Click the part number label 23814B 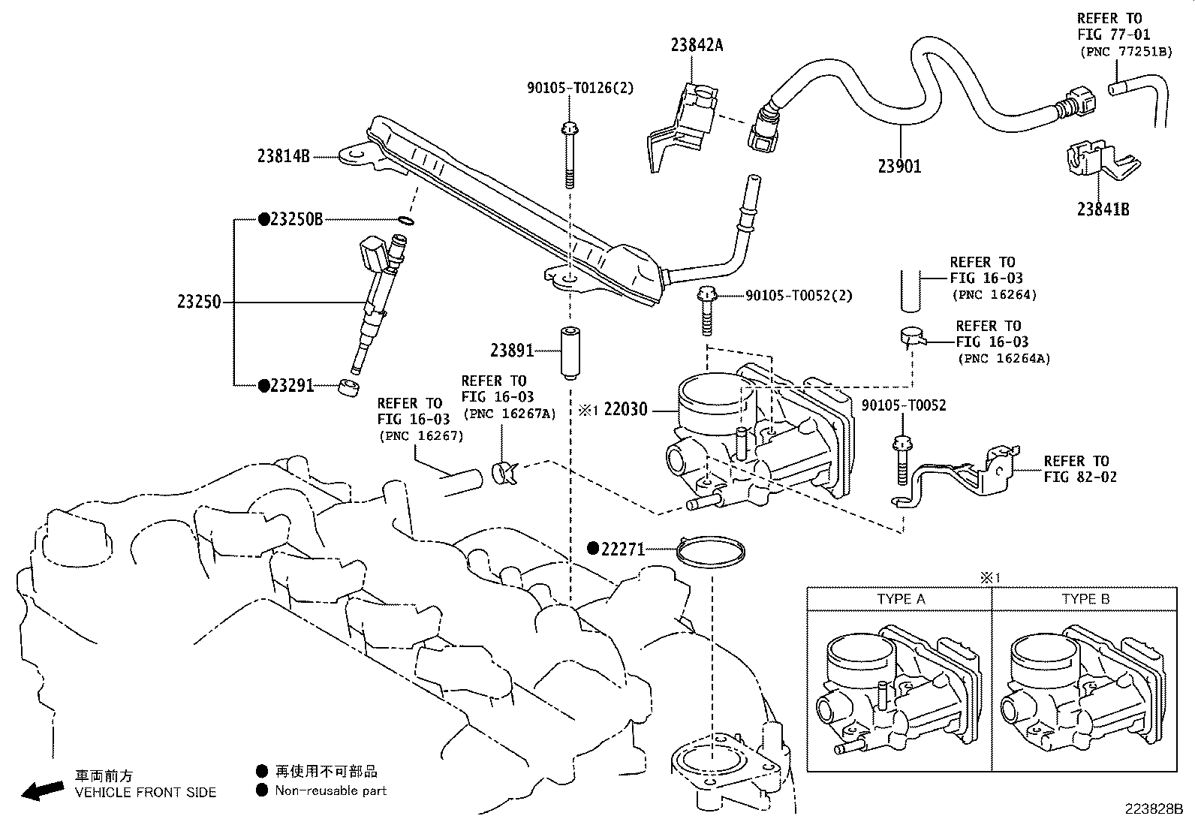(283, 156)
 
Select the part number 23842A (697, 45)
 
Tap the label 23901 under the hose (899, 167)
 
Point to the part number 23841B (1103, 209)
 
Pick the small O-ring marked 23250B (406, 221)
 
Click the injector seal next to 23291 (349, 387)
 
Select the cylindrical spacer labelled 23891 (570, 353)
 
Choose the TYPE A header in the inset (901, 599)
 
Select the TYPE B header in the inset (1085, 599)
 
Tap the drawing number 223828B (1154, 809)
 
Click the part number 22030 (625, 409)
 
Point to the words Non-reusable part (330, 790)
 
